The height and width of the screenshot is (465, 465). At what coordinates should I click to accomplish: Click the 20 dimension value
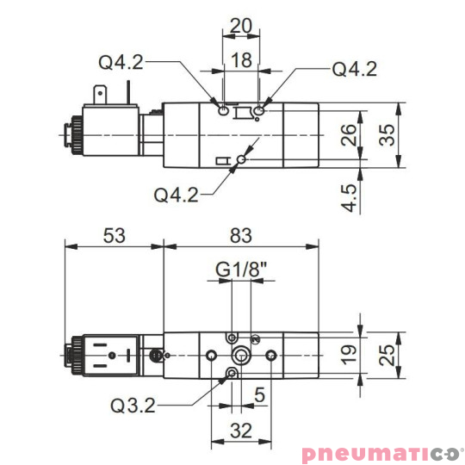[x=241, y=26]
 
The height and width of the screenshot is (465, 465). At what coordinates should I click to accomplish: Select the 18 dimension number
[x=241, y=59]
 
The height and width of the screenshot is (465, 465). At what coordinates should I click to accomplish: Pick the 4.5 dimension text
[x=348, y=196]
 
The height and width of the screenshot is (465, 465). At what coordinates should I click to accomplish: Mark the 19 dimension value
[x=347, y=354]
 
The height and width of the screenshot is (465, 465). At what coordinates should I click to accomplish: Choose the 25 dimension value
[x=392, y=354]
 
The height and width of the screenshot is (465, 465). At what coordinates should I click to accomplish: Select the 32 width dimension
[x=242, y=430]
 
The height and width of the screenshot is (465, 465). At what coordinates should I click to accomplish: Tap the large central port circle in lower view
[x=242, y=356]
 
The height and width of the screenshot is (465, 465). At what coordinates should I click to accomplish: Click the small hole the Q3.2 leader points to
[x=231, y=372]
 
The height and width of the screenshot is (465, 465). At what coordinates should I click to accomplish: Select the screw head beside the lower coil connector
[x=156, y=355]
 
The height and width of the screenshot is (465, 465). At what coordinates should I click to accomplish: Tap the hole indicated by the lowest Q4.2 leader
[x=242, y=159]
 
